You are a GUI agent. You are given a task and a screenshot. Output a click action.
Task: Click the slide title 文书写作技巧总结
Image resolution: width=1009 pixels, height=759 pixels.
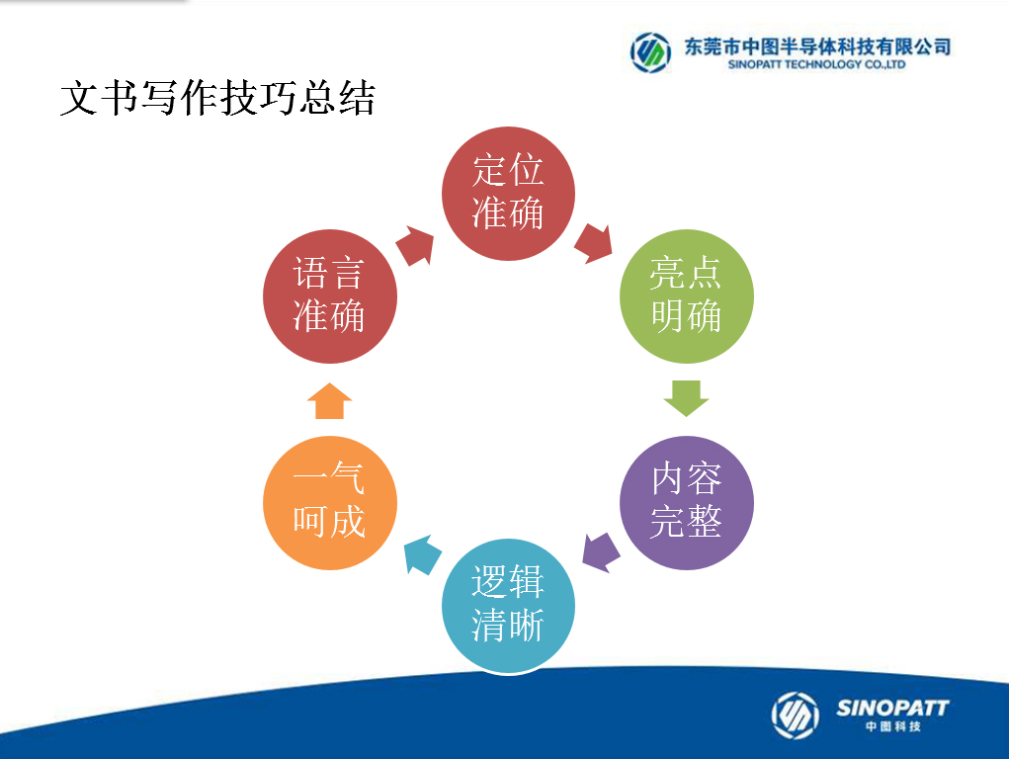click(x=217, y=99)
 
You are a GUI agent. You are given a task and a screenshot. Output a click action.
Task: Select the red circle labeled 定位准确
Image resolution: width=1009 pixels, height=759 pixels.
click(x=508, y=193)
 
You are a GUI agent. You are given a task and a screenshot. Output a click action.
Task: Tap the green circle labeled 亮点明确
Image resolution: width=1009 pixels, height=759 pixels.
click(x=686, y=296)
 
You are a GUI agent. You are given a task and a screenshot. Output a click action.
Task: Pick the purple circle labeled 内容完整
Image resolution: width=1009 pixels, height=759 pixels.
click(x=686, y=502)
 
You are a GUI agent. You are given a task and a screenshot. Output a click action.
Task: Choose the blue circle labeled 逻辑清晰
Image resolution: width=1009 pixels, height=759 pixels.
click(x=508, y=605)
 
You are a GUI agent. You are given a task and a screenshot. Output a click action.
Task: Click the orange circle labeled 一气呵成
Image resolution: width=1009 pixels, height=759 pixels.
click(x=329, y=502)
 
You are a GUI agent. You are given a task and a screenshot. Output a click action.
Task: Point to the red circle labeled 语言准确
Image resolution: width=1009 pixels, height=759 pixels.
click(x=329, y=296)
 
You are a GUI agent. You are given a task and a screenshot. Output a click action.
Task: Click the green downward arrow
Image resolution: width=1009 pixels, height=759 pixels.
click(x=686, y=398)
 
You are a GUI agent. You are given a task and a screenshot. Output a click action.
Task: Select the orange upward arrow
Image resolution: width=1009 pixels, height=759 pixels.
click(x=329, y=400)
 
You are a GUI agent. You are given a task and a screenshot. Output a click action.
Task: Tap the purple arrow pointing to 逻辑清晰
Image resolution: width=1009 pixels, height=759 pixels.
click(x=601, y=552)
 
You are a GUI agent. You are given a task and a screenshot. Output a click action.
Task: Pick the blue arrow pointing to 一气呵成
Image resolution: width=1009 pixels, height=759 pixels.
click(x=423, y=555)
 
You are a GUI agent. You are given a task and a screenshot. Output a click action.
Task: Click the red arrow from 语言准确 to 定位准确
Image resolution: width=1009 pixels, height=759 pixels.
click(x=415, y=245)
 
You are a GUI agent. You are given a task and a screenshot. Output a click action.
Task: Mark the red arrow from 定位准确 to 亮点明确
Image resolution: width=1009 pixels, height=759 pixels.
click(x=593, y=243)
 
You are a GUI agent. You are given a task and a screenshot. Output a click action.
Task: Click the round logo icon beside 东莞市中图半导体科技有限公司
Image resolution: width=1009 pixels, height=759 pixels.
click(x=650, y=52)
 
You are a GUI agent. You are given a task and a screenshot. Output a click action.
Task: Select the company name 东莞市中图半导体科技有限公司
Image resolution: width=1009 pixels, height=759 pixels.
click(x=817, y=47)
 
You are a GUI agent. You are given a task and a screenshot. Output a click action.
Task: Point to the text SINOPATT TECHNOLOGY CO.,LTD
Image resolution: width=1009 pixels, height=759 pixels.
click(x=816, y=64)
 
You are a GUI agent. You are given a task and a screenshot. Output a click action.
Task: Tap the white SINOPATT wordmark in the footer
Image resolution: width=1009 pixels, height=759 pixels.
click(x=892, y=709)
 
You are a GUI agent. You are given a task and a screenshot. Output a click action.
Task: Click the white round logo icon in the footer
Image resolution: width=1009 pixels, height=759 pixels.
click(x=796, y=716)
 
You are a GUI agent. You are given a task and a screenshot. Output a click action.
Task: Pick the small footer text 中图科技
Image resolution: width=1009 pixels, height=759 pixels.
click(x=893, y=726)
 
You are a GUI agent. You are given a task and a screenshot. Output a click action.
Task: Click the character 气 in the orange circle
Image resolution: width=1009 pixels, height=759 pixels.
click(x=348, y=479)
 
